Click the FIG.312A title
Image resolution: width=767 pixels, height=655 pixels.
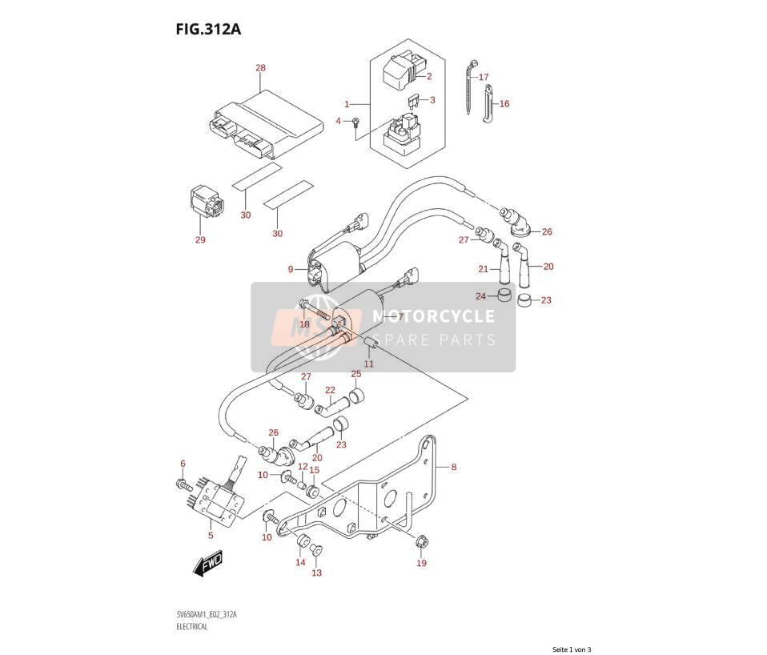click(208, 30)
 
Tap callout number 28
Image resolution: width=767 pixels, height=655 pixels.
click(261, 67)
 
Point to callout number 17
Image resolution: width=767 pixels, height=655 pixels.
click(484, 77)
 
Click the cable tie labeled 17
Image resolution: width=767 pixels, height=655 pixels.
click(471, 86)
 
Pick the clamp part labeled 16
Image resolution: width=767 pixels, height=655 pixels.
click(488, 104)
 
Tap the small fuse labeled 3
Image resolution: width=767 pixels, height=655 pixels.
click(413, 102)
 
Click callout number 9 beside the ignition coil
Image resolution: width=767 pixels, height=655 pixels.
click(291, 269)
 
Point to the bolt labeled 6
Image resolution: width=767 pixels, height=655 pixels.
click(183, 484)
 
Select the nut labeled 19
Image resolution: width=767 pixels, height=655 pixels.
click(420, 542)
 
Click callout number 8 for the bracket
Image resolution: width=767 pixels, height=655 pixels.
click(453, 467)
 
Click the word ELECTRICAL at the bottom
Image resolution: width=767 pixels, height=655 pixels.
click(193, 627)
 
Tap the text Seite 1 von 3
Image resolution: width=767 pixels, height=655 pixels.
click(572, 649)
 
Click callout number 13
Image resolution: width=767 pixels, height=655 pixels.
click(317, 573)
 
